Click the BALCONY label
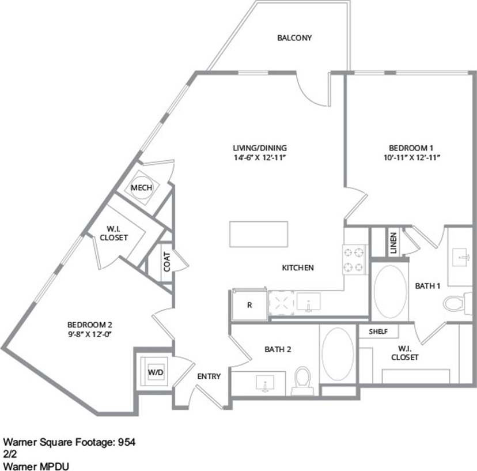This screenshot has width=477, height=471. click(294, 38)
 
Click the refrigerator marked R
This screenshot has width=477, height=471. click(249, 304)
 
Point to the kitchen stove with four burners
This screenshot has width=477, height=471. click(355, 259)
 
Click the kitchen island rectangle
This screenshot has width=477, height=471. click(259, 233)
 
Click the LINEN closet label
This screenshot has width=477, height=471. click(393, 243)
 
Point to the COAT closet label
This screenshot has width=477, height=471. click(166, 263)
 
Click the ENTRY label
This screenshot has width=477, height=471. click(209, 376)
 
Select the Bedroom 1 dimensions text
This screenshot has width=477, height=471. click(407, 157)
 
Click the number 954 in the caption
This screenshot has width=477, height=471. click(127, 443)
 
